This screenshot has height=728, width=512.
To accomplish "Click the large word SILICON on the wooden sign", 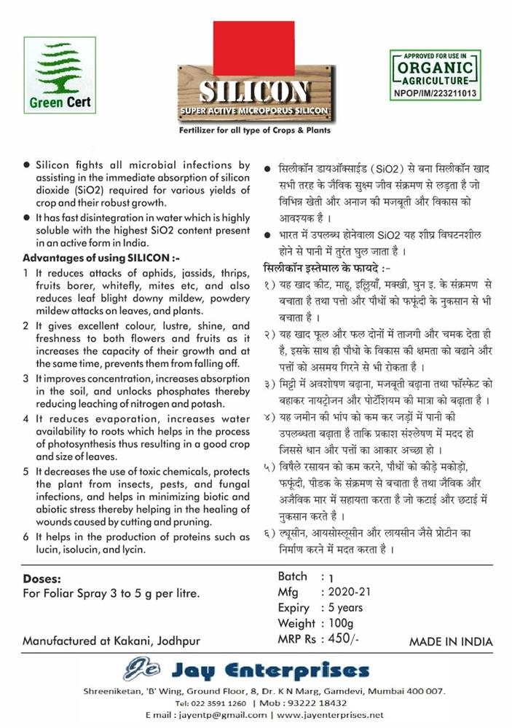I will pos(254,92).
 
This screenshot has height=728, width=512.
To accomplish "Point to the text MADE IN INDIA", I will pos(450,642).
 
